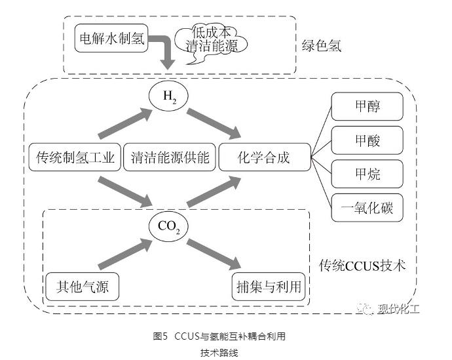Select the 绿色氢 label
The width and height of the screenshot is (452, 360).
pos(322,46)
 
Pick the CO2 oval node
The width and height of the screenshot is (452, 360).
pos(169,226)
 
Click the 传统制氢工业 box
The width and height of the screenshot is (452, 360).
pos(76,158)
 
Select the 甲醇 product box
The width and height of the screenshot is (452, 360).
pos(366,106)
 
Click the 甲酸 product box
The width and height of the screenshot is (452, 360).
pos(366,140)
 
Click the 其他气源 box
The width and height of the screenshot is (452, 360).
pos(76,287)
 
